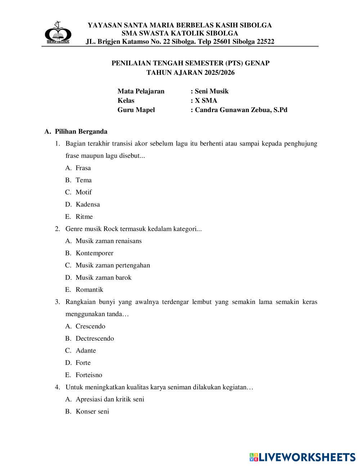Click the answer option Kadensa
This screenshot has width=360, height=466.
87,204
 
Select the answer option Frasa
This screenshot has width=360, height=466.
83,168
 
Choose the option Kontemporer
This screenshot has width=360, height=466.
94,253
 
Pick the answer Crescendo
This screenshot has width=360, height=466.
90,326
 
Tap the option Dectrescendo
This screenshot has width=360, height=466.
95,339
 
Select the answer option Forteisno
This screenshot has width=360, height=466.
89,375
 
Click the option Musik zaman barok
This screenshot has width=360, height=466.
103,277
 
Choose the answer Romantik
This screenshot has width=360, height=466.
89,290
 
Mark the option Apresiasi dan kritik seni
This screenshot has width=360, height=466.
110,399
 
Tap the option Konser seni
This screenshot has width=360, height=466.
92,411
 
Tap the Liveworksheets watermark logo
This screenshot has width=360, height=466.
302,457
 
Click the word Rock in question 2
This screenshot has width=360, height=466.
111,229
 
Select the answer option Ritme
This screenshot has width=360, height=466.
84,216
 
